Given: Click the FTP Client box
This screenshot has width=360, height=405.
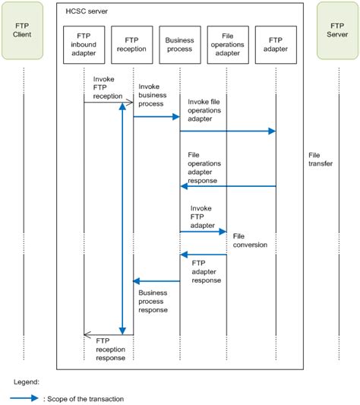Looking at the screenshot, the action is [22, 30].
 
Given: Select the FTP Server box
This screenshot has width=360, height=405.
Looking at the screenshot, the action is [337, 30].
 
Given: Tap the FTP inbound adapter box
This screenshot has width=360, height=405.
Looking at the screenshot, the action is [84, 45].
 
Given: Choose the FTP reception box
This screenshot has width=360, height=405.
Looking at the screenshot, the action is [132, 45].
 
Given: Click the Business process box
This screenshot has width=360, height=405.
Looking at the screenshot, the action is [180, 45].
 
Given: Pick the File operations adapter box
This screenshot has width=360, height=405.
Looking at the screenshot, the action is [228, 45].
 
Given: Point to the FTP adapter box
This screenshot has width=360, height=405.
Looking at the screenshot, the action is [276, 45].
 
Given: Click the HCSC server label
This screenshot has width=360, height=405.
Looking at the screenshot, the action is [87, 11].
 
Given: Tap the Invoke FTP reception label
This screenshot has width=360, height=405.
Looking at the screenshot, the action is [108, 87].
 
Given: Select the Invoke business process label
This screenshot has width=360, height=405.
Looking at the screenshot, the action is [153, 95].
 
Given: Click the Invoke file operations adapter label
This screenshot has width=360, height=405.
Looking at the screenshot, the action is [204, 110].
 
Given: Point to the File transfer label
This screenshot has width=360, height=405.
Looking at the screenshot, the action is [321, 159].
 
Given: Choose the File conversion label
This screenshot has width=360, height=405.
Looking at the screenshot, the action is [250, 240].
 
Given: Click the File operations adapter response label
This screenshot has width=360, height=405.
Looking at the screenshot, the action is [204, 168].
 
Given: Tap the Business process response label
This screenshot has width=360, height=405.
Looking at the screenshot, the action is [153, 301].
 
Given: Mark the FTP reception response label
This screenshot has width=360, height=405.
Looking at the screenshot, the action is [111, 350].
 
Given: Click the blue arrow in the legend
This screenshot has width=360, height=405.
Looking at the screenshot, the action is [24, 398].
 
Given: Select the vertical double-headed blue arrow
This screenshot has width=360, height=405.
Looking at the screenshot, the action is [122, 219].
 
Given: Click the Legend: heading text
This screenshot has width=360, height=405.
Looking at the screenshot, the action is [27, 382].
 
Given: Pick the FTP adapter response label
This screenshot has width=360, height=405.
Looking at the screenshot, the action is [207, 272].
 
